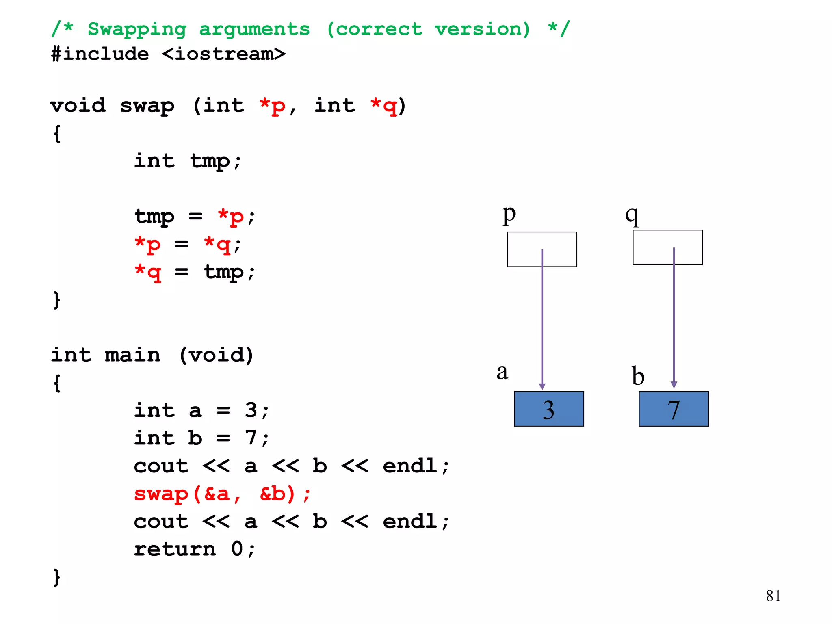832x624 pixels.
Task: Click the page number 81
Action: (x=773, y=596)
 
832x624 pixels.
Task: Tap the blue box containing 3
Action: (x=549, y=409)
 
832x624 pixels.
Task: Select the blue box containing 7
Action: (x=674, y=409)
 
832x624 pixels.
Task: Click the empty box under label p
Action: (x=542, y=249)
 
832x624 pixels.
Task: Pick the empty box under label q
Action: (x=667, y=247)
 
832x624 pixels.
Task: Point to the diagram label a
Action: (x=503, y=372)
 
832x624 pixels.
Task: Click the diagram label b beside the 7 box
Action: (x=638, y=375)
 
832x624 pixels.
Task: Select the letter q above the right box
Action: (x=632, y=214)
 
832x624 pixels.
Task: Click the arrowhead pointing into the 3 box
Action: (x=542, y=386)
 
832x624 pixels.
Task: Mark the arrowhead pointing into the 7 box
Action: (x=674, y=384)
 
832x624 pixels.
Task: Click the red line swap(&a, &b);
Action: (x=222, y=494)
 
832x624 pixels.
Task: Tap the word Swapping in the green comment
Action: (x=137, y=29)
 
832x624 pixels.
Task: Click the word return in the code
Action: (x=175, y=549)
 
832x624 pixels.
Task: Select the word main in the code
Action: (x=132, y=355)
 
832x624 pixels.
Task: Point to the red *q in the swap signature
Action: (x=383, y=106)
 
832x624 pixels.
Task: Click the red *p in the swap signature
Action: (x=272, y=106)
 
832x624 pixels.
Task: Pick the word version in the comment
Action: (x=482, y=29)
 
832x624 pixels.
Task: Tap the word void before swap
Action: (x=78, y=106)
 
